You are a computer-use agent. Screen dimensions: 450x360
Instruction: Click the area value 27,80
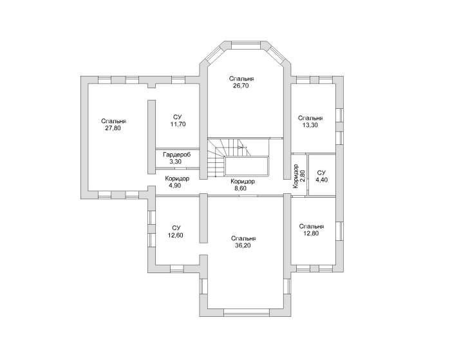tap(113, 128)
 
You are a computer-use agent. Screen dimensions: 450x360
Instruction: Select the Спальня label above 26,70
tap(241, 79)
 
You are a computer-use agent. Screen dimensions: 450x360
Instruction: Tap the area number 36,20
tap(243, 246)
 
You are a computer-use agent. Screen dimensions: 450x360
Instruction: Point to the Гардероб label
tap(177, 155)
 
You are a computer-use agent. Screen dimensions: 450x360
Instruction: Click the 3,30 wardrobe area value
tap(175, 162)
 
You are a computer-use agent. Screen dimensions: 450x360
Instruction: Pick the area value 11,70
tap(178, 124)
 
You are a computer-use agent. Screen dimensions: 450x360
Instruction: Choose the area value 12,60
tap(175, 236)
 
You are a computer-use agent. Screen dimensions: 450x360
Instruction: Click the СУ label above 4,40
tap(321, 173)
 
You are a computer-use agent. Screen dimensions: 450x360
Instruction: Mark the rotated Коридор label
tap(296, 176)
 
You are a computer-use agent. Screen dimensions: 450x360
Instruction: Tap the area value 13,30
tap(310, 125)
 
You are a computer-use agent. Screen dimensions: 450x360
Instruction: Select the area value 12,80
tap(311, 234)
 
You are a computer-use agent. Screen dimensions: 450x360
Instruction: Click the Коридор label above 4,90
tap(177, 178)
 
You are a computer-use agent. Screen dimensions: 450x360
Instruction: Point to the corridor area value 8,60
tap(241, 189)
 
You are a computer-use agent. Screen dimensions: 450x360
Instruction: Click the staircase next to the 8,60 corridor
tap(238, 158)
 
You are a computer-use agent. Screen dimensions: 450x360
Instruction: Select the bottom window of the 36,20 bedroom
tap(246, 312)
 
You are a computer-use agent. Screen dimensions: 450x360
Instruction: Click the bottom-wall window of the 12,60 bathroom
tap(177, 269)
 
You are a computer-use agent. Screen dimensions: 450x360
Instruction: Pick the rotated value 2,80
tap(303, 176)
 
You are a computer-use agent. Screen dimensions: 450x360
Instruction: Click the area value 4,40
tap(321, 180)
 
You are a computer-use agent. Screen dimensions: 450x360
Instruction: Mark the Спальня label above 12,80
tap(312, 227)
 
